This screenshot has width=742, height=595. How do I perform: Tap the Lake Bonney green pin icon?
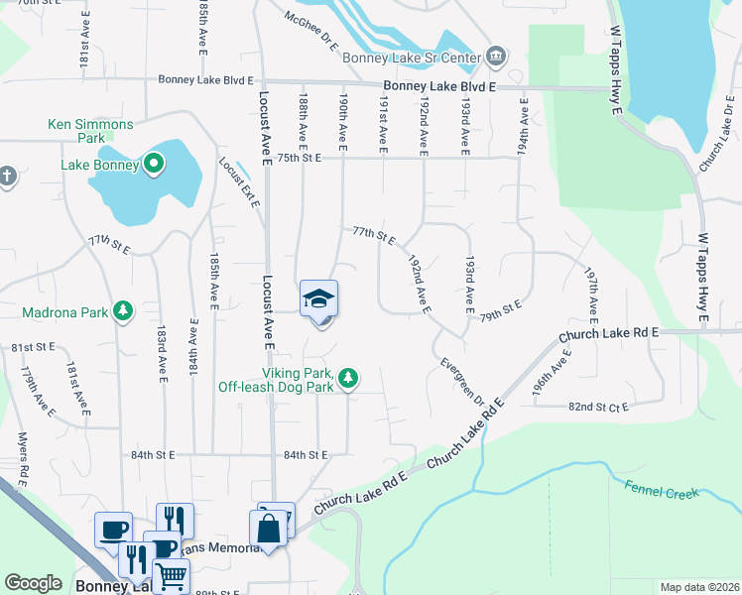(154, 164)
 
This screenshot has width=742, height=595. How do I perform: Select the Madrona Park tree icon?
(123, 312)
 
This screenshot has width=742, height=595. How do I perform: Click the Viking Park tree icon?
(347, 379)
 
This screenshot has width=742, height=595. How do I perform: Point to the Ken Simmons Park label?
(90, 125)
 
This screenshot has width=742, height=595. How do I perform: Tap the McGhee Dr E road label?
(310, 28)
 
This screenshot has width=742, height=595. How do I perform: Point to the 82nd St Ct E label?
(599, 407)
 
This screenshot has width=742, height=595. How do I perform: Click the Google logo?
(33, 583)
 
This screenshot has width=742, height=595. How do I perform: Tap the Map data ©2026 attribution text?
(699, 587)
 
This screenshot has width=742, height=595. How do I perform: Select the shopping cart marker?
(171, 575)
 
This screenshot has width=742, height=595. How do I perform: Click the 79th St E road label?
(501, 308)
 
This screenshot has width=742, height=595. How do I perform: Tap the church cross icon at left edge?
(6, 177)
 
